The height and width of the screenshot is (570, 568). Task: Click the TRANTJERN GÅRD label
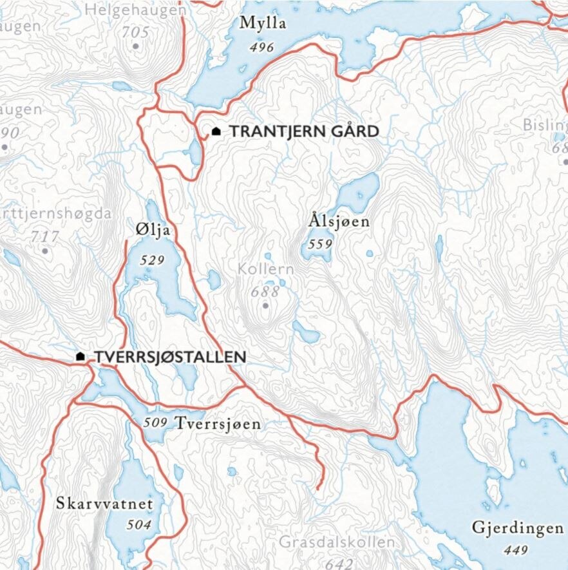(x=304, y=131)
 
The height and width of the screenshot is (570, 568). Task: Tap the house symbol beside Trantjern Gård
(x=216, y=131)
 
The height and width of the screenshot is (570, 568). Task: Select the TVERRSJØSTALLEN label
(x=170, y=356)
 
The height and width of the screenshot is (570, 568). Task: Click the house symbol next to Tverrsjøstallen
(x=80, y=356)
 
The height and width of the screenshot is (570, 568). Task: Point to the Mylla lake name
(x=262, y=24)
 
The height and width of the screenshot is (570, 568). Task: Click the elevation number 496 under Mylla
(x=262, y=47)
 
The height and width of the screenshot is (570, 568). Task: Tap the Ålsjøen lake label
(x=339, y=222)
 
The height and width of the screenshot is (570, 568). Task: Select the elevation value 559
(x=319, y=244)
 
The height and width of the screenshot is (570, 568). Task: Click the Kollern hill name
(x=265, y=269)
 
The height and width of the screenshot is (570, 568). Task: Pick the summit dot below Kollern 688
(x=265, y=306)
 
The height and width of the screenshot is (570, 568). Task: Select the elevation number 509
(x=156, y=423)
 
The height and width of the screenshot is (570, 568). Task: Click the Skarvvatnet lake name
(x=105, y=502)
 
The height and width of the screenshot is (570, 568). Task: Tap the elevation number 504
(x=138, y=525)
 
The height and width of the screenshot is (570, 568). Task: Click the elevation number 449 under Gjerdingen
(x=516, y=550)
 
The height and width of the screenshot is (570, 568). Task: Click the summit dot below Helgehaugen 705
(x=135, y=46)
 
